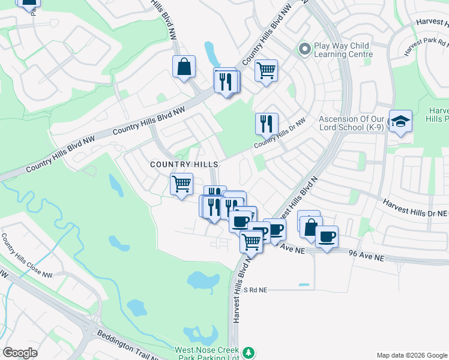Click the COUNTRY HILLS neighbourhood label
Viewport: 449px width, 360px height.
coord(184,164)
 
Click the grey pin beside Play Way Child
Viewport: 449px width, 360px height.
coord(304,49)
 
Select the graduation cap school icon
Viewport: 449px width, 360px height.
coord(400,122)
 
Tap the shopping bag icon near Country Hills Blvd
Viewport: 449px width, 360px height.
coord(184,67)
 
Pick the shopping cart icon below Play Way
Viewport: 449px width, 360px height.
coord(266,70)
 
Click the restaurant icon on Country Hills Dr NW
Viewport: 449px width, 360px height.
coord(267,124)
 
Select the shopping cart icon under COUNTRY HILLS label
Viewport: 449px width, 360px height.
coord(181,184)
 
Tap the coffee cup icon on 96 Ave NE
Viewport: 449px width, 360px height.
coord(327,237)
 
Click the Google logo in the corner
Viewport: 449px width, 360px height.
coord(20,353)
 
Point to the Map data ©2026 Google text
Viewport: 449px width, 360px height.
coord(411,355)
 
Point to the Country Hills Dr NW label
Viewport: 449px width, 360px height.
coord(279,134)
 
